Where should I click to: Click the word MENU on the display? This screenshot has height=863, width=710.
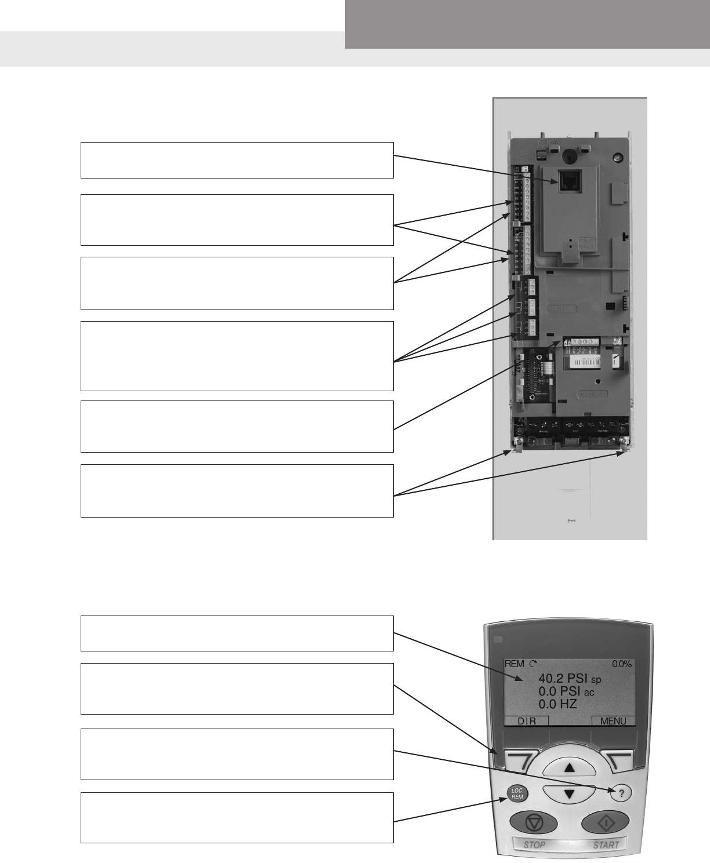tap(613, 722)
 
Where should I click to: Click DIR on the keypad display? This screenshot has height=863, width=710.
tap(526, 722)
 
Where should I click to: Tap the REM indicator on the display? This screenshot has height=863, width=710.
tap(514, 664)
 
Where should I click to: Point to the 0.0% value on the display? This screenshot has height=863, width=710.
tap(622, 664)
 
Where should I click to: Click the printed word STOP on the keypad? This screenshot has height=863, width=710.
tap(534, 844)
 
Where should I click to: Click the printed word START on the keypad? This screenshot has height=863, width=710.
tap(606, 844)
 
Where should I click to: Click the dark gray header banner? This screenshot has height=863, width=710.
tap(527, 24)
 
